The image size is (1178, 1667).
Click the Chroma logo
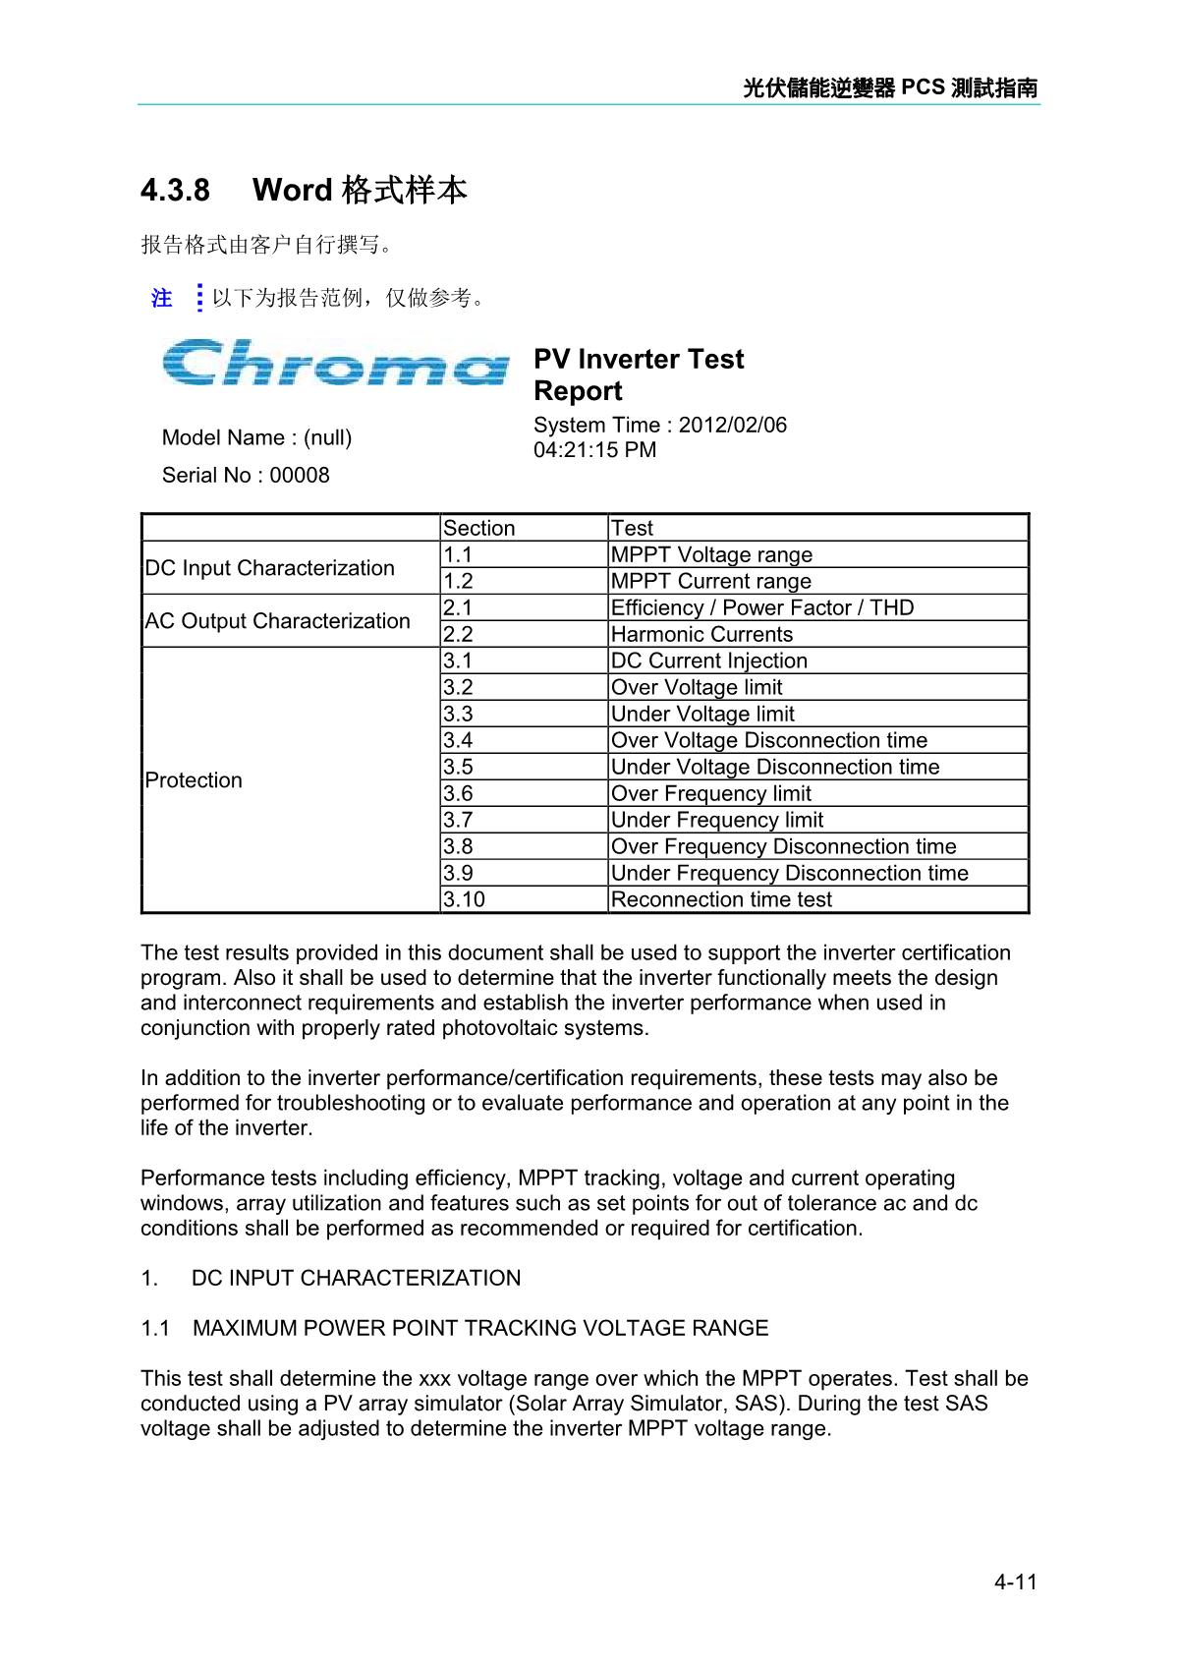335,363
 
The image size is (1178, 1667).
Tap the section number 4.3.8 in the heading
175,190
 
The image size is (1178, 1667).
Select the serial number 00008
300,475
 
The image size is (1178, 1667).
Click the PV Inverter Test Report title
638,374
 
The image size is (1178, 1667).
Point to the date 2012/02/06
733,425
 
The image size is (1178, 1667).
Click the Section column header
478,528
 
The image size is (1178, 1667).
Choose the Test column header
632,528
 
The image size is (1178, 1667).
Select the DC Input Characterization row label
269,568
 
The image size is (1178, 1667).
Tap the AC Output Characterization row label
277,621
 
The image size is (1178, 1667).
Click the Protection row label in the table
194,780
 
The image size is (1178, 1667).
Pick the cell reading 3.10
464,899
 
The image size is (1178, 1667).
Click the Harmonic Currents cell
701,634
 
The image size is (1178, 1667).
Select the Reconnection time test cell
721,899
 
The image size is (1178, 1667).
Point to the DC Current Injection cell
708,661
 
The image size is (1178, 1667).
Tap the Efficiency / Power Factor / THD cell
761,607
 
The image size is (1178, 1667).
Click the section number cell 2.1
458,607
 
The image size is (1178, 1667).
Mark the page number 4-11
1015,1581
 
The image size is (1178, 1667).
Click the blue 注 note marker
162,298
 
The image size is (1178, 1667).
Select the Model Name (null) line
256,437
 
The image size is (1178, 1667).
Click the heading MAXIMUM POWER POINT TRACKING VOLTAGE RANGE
480,1328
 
